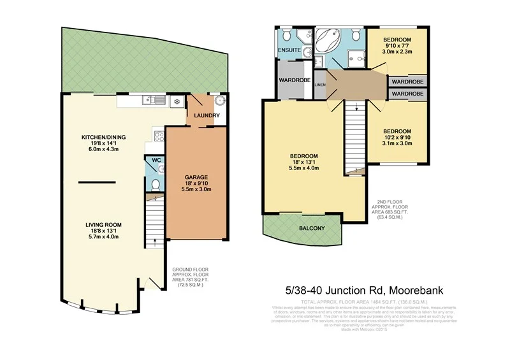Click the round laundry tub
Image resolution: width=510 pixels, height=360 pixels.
point(219,100)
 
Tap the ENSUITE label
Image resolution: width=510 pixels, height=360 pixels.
point(289,50)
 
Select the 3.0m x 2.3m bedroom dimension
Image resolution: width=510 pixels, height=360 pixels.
point(397,54)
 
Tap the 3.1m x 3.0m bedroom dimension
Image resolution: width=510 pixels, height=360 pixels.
point(397,143)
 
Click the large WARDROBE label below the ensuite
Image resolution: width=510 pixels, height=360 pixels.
point(293,80)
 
